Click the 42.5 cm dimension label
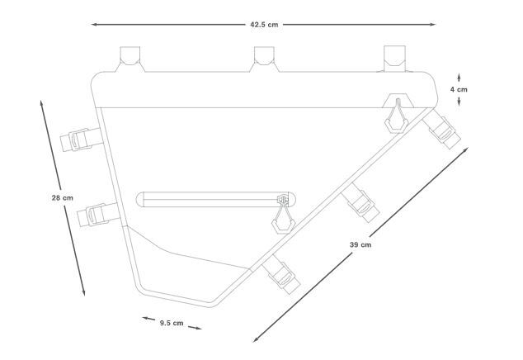264,25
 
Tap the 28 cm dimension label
63,197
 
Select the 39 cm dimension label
360,244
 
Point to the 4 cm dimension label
459,89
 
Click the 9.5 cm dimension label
172,323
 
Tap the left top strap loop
130,59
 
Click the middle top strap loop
264,59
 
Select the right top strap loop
394,59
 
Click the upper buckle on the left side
81,140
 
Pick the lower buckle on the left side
98,215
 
